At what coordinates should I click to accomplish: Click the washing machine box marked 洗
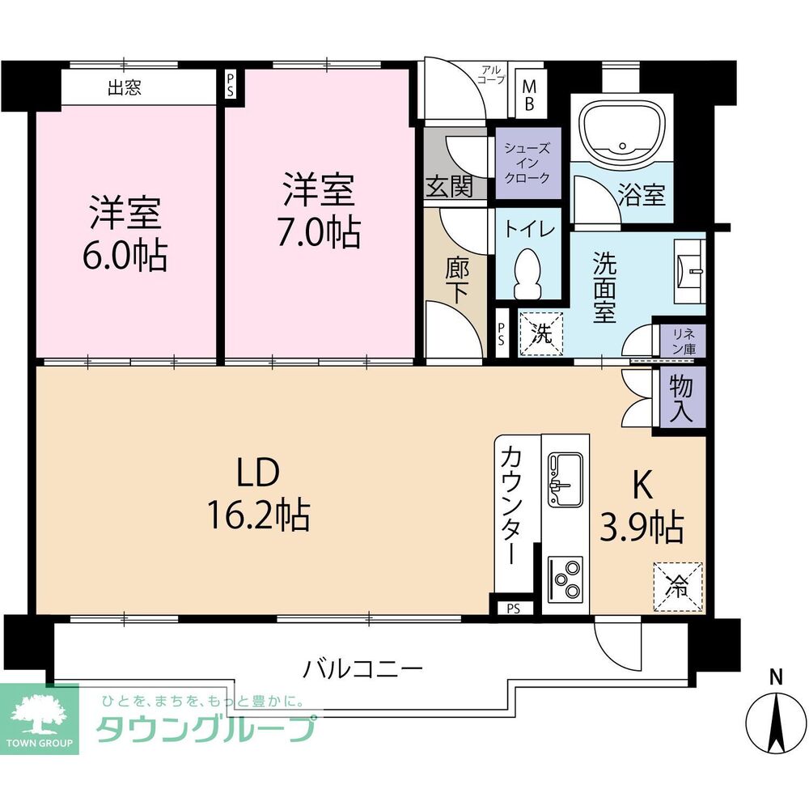click(541, 333)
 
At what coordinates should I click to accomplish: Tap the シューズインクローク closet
click(527, 163)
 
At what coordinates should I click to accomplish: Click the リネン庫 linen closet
click(684, 338)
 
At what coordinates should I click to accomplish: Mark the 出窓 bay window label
click(125, 87)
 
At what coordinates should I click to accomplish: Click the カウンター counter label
click(513, 507)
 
